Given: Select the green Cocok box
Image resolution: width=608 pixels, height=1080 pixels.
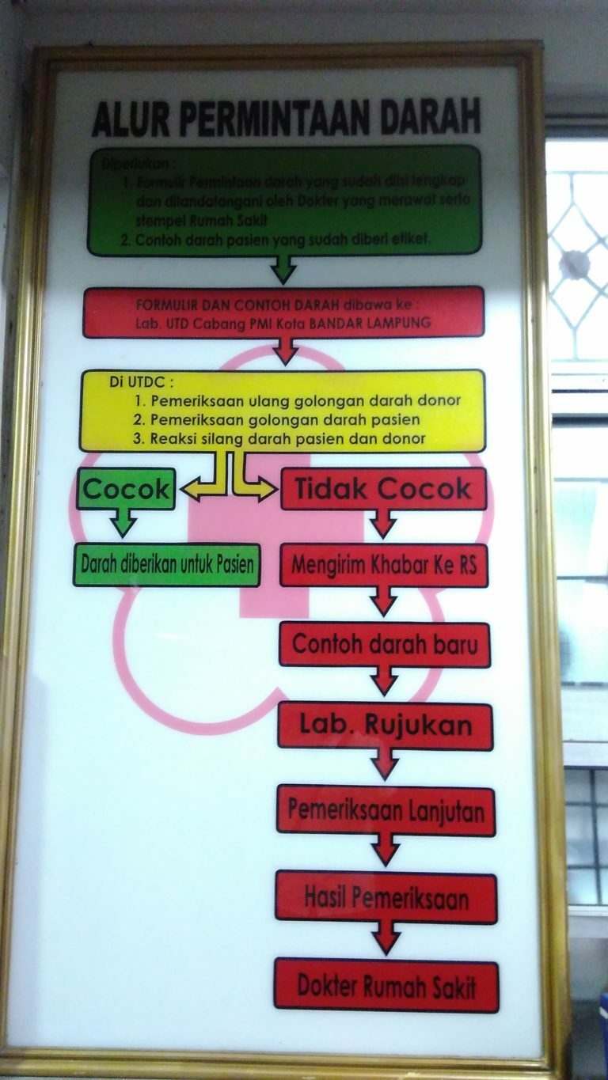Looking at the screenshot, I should (127, 490).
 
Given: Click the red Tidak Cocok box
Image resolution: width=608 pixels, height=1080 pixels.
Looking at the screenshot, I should (383, 489).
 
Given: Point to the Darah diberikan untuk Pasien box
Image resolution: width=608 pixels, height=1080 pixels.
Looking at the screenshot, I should (167, 565).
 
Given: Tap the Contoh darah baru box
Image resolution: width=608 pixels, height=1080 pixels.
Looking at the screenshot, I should (384, 644).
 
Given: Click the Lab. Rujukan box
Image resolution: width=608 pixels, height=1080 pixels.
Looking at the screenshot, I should (385, 726).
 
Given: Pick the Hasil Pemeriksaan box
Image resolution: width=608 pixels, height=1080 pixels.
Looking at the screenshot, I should (386, 898).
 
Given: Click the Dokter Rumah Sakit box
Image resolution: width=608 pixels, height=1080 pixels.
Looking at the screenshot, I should (386, 986).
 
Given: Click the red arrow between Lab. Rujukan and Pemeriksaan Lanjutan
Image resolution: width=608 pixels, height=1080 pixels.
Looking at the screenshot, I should (385, 766).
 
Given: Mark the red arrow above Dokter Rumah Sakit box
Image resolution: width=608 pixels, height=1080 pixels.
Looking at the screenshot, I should (386, 939).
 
